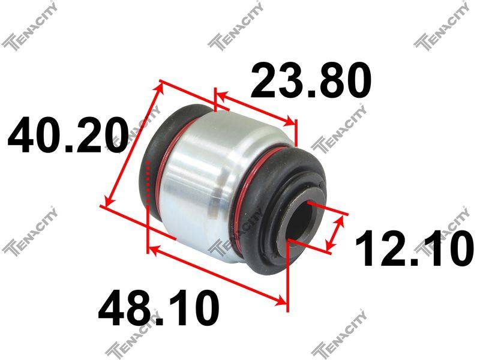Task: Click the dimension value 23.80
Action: click(311, 80)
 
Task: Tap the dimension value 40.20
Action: click(68, 136)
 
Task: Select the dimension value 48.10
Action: click(158, 308)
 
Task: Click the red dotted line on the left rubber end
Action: click(148, 182)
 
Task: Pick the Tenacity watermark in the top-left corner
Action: click(29, 25)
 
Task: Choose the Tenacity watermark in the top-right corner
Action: click(442, 25)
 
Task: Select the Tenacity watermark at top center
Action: click(235, 25)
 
